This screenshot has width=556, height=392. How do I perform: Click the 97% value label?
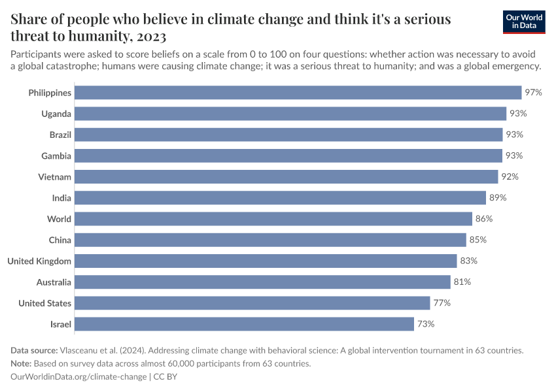pyautogui.click(x=533, y=93)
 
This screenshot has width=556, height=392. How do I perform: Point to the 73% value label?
pyautogui.click(x=426, y=324)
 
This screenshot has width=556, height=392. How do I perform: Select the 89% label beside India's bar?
pyautogui.click(x=498, y=198)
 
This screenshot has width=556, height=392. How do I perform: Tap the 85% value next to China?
pyautogui.click(x=478, y=240)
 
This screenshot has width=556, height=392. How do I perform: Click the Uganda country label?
pyautogui.click(x=56, y=114)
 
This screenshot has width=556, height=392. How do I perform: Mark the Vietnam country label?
pyautogui.click(x=55, y=177)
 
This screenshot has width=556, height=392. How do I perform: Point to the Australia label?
pyautogui.click(x=54, y=282)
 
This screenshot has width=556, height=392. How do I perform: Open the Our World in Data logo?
pyautogui.click(x=523, y=22)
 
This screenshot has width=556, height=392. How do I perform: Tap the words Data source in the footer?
pyautogui.click(x=33, y=350)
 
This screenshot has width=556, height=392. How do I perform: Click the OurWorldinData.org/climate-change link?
pyautogui.click(x=78, y=377)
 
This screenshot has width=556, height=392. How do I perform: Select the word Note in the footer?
pyautogui.click(x=21, y=363)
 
